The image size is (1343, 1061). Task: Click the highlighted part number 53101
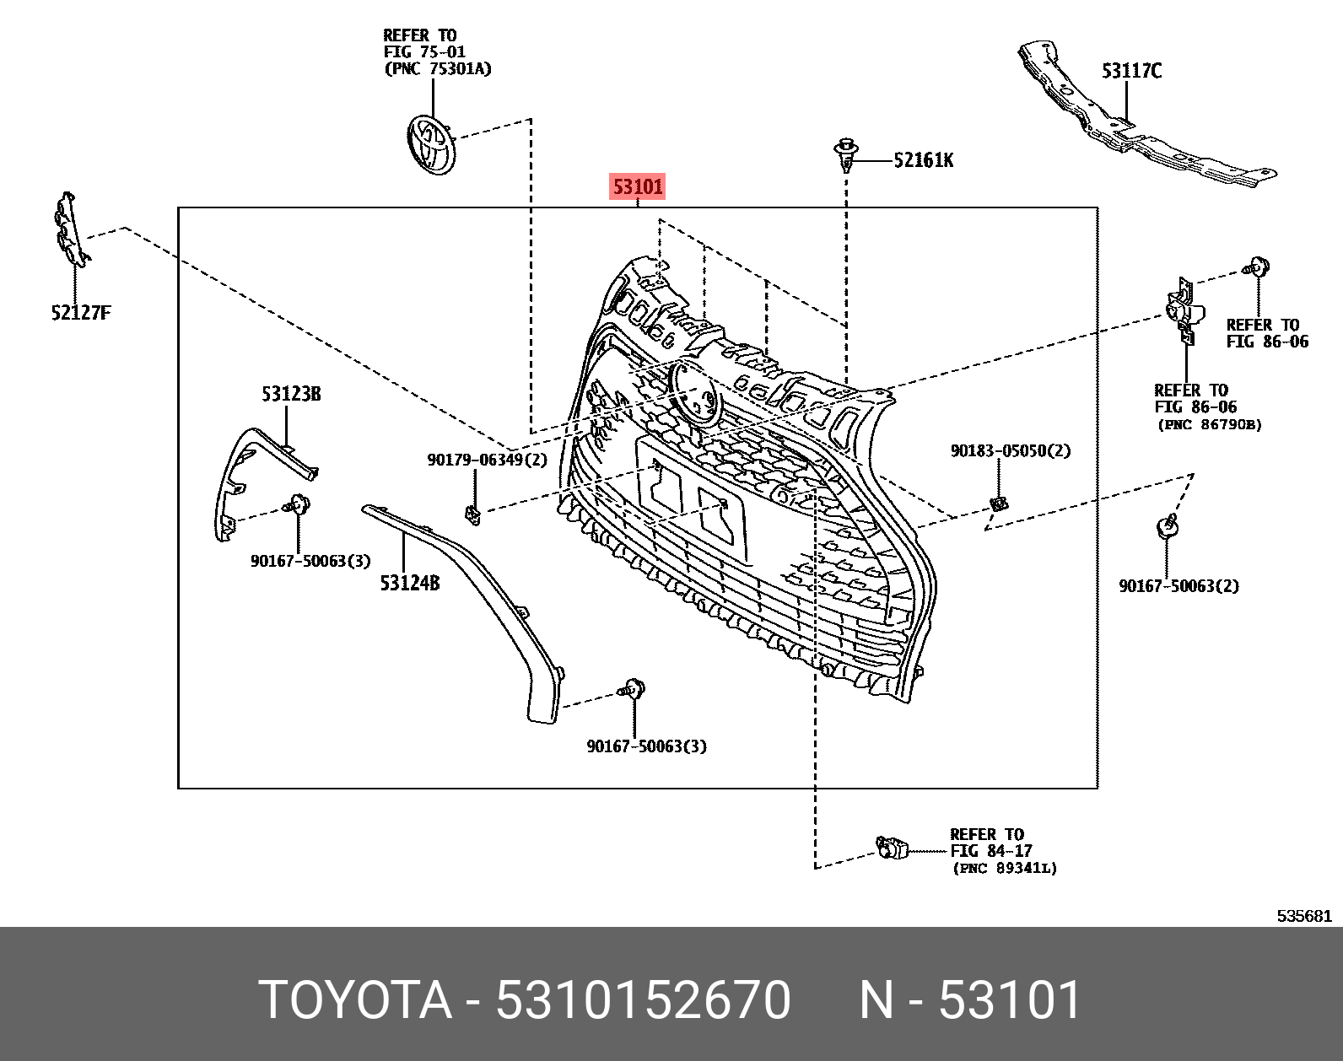point(638,186)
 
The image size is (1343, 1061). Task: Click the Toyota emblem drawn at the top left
point(432,145)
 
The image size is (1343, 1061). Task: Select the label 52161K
point(924,160)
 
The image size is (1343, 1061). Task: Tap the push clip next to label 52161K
point(846,155)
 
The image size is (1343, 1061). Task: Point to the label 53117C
point(1131,72)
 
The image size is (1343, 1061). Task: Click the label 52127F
point(81,313)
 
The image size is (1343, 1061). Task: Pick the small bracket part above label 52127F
point(70,229)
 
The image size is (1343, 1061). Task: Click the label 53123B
point(291,394)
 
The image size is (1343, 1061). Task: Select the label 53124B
point(410,583)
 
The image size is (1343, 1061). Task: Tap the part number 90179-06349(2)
point(487,460)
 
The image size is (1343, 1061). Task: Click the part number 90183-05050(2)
point(1010,451)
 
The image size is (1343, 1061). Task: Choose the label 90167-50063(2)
point(1178,585)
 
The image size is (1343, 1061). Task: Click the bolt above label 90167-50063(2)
point(1168,528)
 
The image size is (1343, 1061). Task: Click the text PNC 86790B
point(1210,425)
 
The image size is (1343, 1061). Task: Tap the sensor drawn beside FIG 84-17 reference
point(892,847)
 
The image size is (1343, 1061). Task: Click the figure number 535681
point(1303,916)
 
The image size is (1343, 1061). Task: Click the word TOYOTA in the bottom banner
point(355,1000)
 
